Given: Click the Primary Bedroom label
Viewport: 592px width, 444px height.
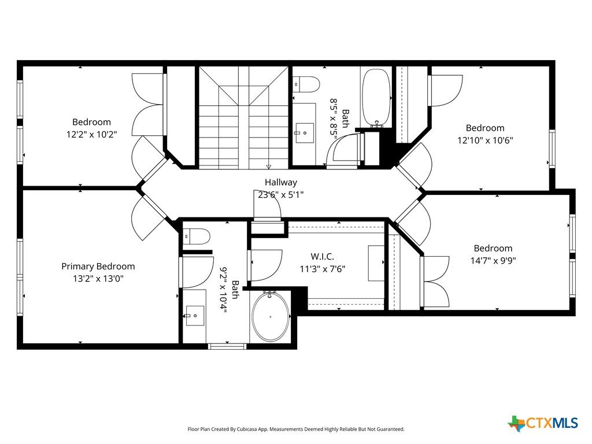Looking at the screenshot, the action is click(98, 266).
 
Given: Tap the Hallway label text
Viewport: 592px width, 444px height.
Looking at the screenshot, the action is click(280, 182).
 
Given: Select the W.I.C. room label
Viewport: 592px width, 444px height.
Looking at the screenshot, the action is click(323, 257).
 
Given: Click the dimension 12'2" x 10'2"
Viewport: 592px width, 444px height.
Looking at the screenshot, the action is click(92, 134).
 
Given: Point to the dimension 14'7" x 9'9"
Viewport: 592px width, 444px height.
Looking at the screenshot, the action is click(493, 261).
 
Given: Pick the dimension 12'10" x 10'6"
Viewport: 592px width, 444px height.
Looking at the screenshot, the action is click(485, 140).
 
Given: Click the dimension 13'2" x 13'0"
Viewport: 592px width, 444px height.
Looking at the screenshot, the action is click(98, 279).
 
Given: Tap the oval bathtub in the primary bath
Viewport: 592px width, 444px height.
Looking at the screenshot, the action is click(271, 316).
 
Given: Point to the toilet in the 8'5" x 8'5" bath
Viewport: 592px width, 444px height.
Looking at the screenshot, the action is click(306, 84).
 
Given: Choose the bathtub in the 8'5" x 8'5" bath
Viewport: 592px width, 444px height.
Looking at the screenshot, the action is click(376, 97).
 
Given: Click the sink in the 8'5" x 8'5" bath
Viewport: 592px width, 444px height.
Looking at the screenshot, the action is click(304, 133).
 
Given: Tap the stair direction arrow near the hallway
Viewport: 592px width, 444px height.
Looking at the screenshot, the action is click(268, 166).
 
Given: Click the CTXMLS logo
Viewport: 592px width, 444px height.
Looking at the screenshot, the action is click(543, 423).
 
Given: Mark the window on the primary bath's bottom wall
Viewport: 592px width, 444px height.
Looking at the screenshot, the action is click(227, 346).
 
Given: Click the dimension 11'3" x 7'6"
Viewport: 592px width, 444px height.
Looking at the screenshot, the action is click(323, 269).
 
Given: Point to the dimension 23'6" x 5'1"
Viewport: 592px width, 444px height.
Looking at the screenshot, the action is click(280, 195).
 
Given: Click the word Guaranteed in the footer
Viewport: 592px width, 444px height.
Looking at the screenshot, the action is click(391, 430).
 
